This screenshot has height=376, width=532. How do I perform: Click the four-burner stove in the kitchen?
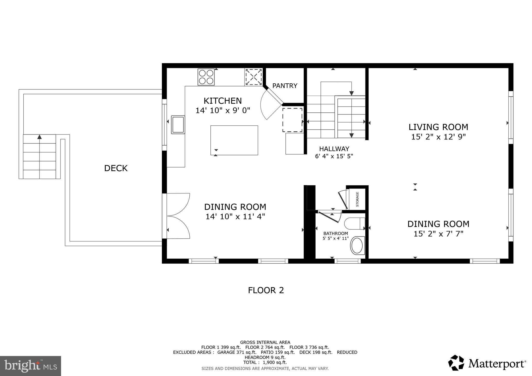[206, 77]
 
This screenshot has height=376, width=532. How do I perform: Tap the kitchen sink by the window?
[178, 125]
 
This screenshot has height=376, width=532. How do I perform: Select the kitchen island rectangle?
[234, 140]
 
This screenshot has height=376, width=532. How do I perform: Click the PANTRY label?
[285, 86]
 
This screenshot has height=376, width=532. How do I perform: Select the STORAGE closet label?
[357, 199]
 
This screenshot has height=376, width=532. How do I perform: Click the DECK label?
[116, 168]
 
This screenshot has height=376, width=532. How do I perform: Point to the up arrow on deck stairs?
[39, 137]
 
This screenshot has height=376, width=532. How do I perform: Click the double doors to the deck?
[178, 216]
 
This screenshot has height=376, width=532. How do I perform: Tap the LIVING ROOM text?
[438, 127]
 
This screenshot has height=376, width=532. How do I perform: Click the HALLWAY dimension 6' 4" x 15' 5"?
[334, 156]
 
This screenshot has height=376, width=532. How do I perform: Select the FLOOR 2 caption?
[266, 290]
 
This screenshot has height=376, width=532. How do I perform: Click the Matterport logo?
[487, 363]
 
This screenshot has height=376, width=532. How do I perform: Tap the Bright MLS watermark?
[30, 366]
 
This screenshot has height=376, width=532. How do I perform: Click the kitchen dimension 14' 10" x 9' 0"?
[223, 111]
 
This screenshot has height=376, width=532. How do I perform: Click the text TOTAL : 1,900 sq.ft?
[265, 362]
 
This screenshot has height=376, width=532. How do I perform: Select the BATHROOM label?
[335, 233]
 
